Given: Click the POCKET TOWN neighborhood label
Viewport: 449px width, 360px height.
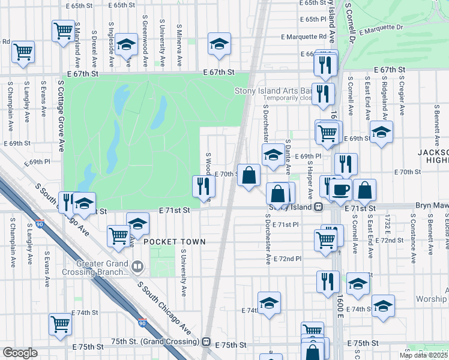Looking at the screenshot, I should tap(174, 242).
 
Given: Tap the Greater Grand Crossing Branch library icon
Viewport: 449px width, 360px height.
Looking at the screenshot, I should tap(137, 265).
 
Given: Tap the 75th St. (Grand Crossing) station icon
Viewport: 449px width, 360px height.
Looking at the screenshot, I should tap(206, 342).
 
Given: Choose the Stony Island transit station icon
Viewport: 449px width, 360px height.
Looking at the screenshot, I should tap(318, 207).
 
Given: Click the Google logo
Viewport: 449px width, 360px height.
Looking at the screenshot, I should tap(20, 353).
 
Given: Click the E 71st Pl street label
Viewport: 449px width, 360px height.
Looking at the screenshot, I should tap(285, 224).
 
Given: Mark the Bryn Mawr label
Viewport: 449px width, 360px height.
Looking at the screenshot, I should tap(431, 206).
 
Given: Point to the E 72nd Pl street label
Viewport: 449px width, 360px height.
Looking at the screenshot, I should tap(286, 258).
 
